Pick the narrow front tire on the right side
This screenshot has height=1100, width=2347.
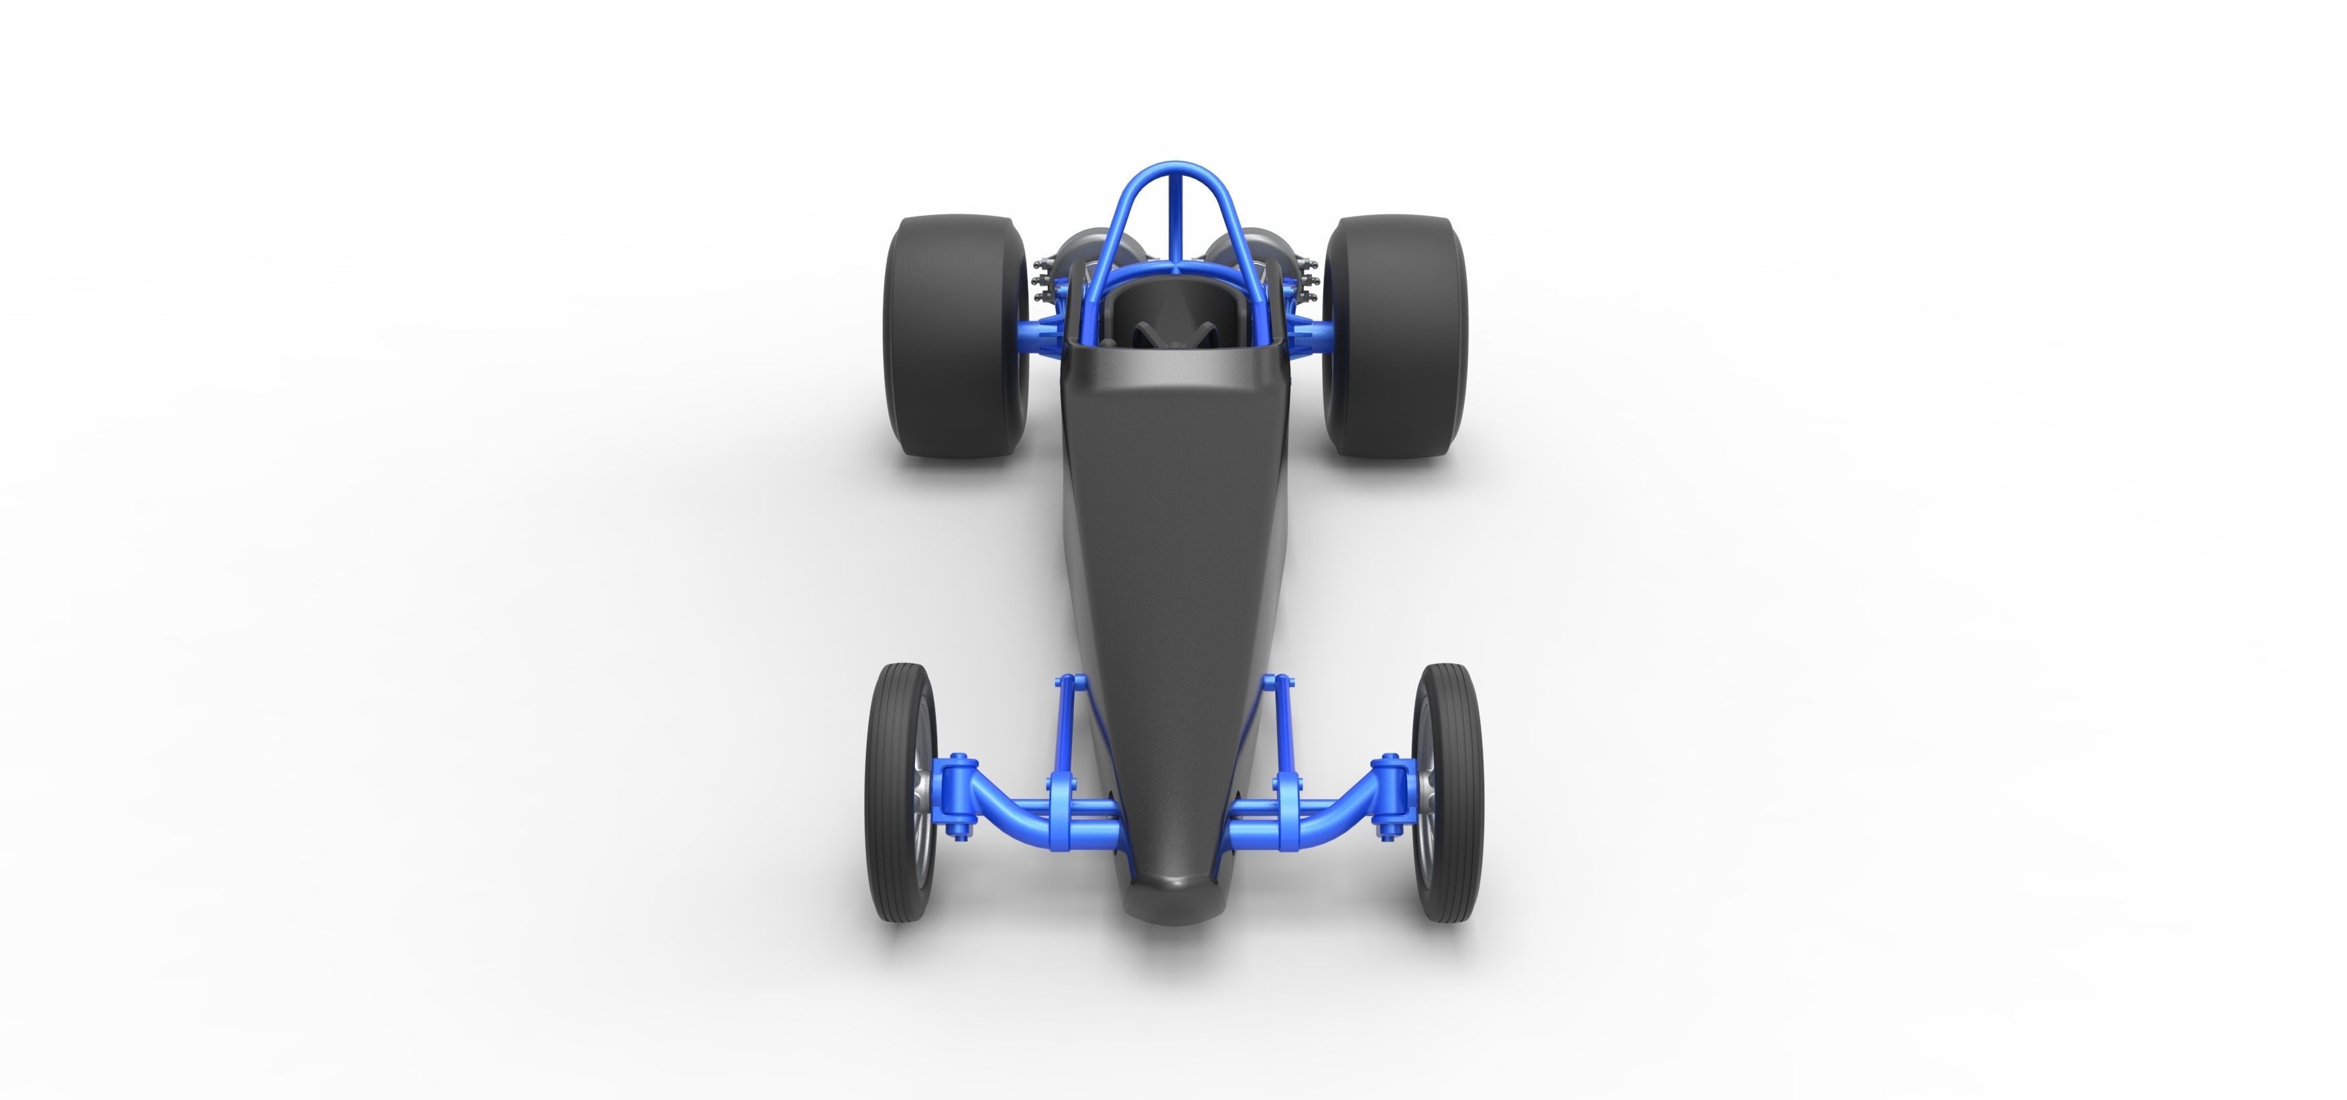tap(1449, 793)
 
